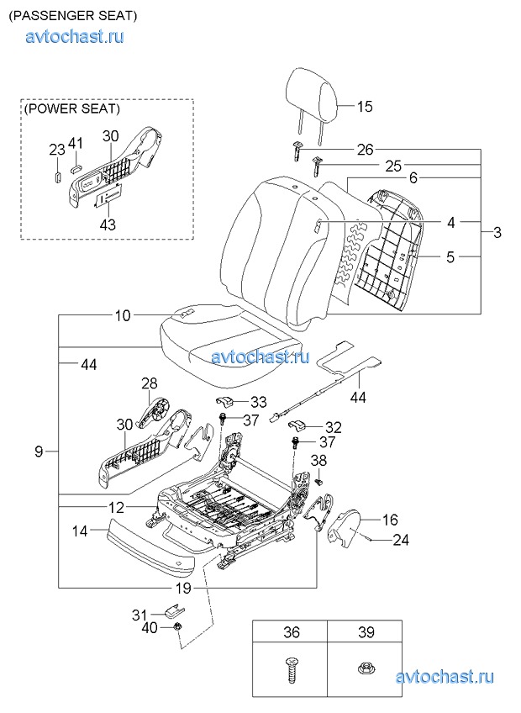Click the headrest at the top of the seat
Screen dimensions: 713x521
[x=313, y=93]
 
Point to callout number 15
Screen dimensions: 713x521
[x=364, y=107]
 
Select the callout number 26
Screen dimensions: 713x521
[x=364, y=151]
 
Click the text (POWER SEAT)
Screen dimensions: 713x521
[x=71, y=109]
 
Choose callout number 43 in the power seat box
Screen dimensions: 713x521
[x=108, y=224]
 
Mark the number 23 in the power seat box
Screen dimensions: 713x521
[x=56, y=150]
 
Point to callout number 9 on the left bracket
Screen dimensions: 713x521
[x=39, y=452]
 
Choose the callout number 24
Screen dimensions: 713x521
[x=401, y=540]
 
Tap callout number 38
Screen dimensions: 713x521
[x=319, y=460]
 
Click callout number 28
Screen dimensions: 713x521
[x=149, y=384]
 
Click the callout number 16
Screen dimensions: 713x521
[x=390, y=520]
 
